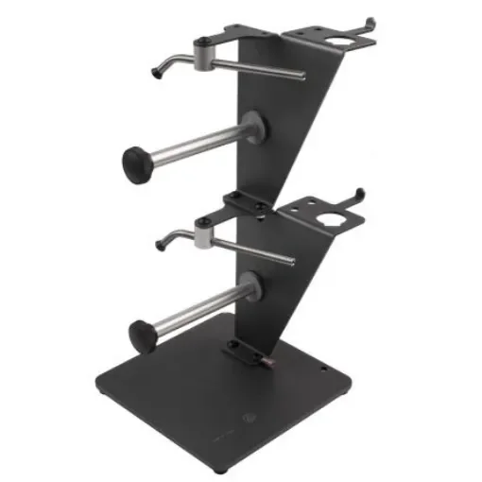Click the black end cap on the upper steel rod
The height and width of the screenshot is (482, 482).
tap(138, 163)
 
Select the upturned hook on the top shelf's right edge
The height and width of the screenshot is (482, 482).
tap(369, 23)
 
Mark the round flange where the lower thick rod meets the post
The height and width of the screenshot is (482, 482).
tap(248, 287)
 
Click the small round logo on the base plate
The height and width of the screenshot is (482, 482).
tap(247, 416)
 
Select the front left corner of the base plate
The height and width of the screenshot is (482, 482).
tap(102, 388)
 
